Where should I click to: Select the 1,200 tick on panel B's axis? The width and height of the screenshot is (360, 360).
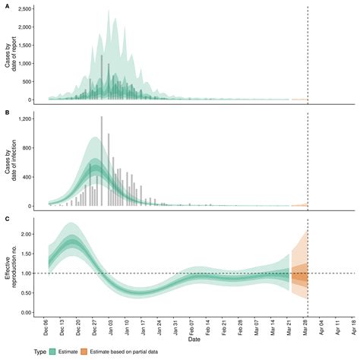[x=30, y=120]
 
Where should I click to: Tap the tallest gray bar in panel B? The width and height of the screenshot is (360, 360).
[x=102, y=159]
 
